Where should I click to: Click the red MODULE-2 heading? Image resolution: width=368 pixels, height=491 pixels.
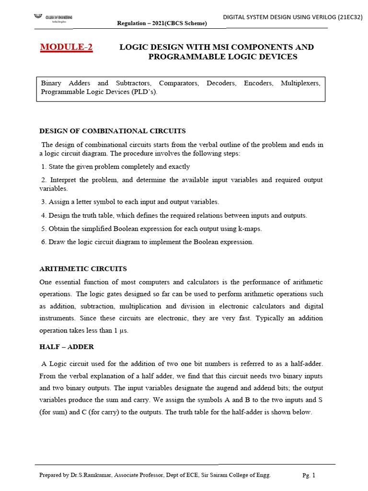(66, 47)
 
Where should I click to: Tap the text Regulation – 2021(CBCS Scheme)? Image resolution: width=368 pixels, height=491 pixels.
(162, 23)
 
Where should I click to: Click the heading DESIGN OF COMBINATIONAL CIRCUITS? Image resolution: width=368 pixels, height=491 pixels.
(112, 131)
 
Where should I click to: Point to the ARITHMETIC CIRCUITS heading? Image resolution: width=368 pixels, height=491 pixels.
(83, 269)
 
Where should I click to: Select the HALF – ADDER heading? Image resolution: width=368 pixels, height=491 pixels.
(67, 346)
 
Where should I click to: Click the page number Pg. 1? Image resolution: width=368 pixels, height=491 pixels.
(309, 475)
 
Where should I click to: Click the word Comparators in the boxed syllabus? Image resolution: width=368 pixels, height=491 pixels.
(178, 83)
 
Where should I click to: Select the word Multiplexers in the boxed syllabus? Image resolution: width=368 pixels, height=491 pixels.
(300, 83)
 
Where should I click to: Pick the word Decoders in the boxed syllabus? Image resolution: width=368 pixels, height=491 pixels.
(221, 83)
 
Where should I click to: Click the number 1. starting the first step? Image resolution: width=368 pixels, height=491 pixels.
(44, 167)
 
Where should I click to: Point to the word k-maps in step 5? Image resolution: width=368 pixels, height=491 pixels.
(250, 229)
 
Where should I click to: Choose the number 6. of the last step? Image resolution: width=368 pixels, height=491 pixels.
(44, 242)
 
